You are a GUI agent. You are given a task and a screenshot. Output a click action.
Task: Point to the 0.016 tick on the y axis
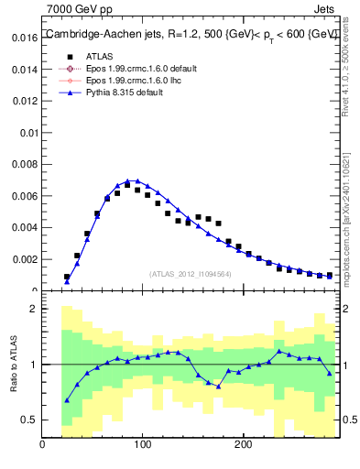pos(25,38)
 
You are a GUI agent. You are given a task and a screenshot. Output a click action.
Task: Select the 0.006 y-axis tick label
pos(25,196)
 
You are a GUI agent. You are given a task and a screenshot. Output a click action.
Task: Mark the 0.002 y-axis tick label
pos(25,259)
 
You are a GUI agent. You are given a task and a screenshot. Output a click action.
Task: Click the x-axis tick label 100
pos(143,445)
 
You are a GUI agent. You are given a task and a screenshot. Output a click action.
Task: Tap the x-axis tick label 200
pos(243,445)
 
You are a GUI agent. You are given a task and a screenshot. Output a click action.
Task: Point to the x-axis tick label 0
pos(43,445)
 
